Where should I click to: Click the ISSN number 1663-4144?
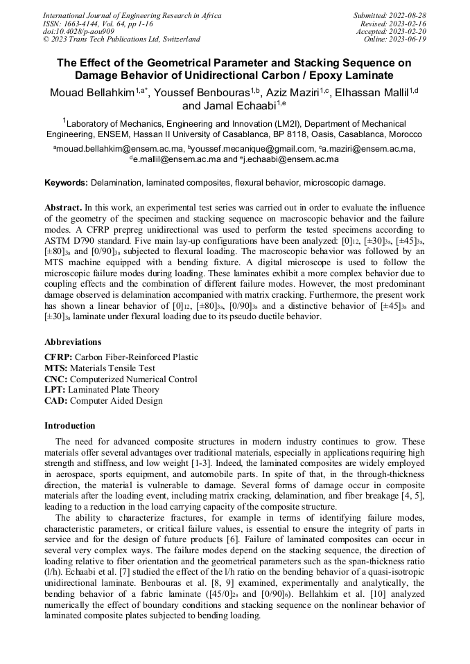pos(82,23)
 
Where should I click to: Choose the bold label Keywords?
pos(67,183)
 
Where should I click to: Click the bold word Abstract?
pos(63,208)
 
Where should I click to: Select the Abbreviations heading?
pos(73,342)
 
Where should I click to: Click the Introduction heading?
pos(70,426)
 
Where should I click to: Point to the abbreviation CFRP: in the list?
pos(58,357)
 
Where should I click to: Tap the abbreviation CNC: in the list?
pos(57,379)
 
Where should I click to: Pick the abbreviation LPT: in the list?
pos(56,390)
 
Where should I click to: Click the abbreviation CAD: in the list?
pos(56,401)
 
